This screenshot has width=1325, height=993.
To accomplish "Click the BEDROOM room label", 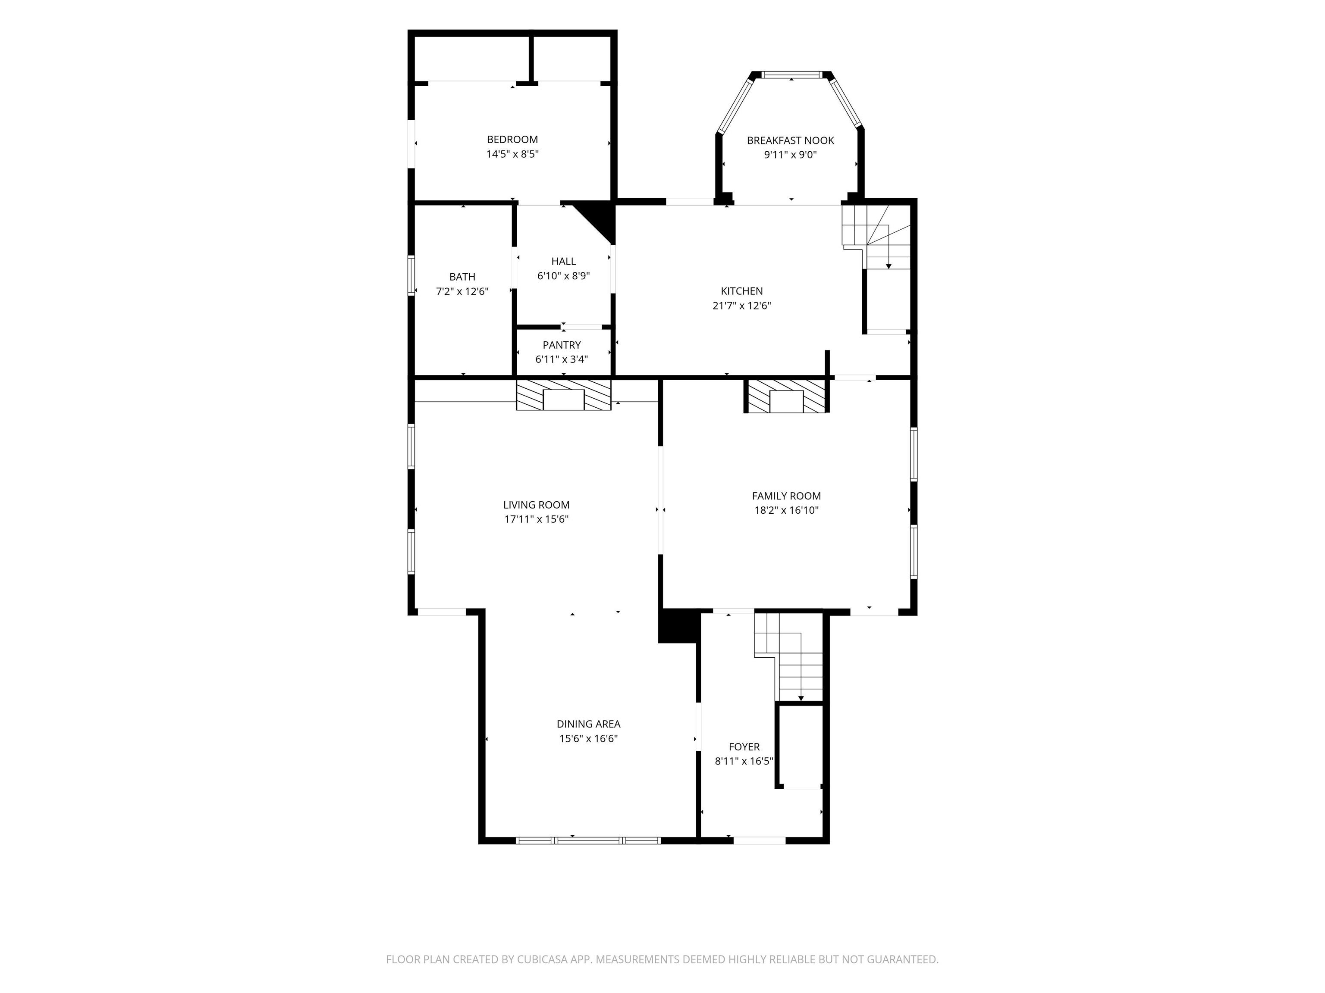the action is pos(512,140).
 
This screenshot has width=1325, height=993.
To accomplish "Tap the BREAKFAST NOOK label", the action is pos(790,141).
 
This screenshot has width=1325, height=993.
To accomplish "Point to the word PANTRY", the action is pos(561,345).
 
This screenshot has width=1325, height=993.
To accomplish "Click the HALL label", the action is pos(563,262).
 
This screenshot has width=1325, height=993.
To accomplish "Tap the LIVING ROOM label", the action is pos(536,505).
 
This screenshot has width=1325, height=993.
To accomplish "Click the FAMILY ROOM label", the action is pos(786,496).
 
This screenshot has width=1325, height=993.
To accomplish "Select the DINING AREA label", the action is pos(588,724).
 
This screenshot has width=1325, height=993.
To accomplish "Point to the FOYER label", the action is pos(744,747).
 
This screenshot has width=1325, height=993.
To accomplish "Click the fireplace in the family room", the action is pos(786,396).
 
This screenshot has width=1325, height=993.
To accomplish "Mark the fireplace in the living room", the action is pos(563,394).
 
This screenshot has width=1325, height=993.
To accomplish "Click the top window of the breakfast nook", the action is pos(791,75).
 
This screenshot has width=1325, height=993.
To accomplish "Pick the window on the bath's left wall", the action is pos(411,275).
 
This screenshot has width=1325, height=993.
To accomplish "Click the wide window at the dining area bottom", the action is pos(588,840).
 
